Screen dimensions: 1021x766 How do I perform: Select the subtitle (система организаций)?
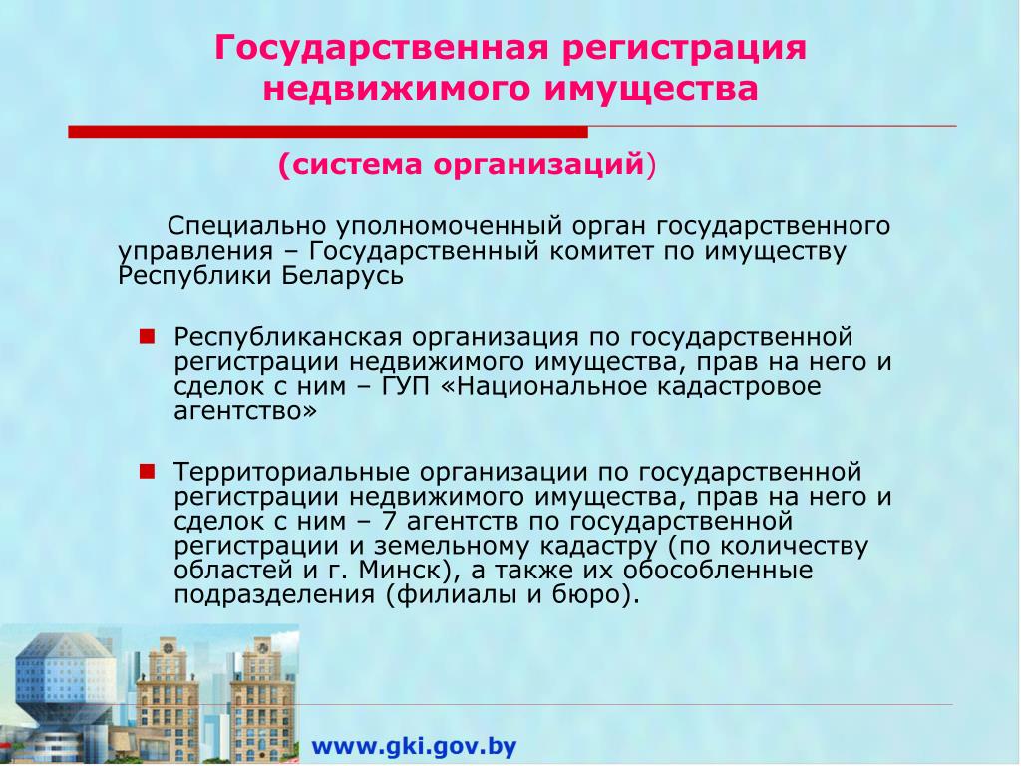tap(468, 165)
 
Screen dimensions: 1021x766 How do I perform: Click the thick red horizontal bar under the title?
tap(328, 132)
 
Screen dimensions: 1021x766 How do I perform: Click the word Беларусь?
tap(343, 276)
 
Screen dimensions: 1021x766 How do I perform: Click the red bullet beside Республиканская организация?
tap(148, 337)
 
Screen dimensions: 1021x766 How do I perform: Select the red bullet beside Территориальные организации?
tap(148, 471)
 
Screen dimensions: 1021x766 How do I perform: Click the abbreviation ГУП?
tap(406, 387)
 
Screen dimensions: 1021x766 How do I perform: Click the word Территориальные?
tap(291, 472)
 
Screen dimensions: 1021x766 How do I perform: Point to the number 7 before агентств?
tap(389, 521)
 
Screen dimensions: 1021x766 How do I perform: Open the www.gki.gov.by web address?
tap(414, 746)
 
